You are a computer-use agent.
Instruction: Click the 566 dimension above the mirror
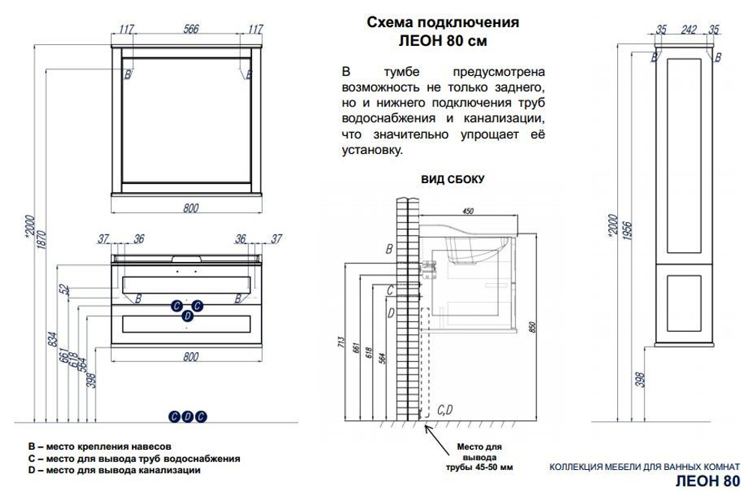pos(190,30)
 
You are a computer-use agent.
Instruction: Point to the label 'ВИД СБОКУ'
pos(453,179)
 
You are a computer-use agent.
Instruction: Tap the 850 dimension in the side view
pos(532,328)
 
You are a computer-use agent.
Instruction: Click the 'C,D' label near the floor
pos(444,410)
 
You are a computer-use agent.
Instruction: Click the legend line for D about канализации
pos(112,471)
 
